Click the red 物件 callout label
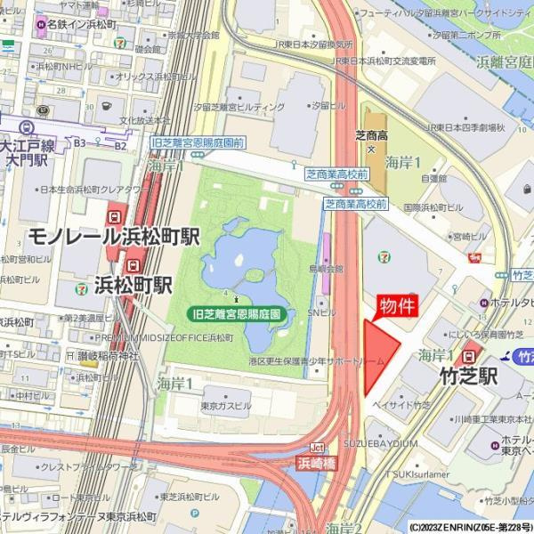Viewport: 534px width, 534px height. coord(398,306)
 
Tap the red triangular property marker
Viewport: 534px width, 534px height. coord(377,356)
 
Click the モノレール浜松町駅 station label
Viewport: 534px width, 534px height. coord(113,237)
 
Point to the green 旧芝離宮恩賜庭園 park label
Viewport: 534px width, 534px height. coord(238,314)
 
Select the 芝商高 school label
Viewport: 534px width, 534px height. coord(371,135)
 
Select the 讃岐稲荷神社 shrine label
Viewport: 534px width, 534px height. coord(105,356)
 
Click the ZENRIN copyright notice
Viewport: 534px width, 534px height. coord(470,527)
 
